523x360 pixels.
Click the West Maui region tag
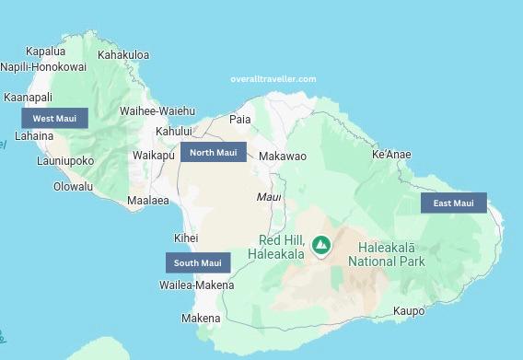click(x=54, y=119)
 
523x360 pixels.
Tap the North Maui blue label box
click(x=214, y=153)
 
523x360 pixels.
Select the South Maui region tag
click(x=198, y=263)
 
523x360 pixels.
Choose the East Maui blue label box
click(x=453, y=203)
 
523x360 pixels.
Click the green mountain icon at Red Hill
click(x=320, y=245)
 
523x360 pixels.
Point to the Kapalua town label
click(x=46, y=52)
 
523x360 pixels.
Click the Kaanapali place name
click(x=29, y=98)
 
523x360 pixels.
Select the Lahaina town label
click(x=33, y=136)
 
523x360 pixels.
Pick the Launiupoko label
click(x=65, y=161)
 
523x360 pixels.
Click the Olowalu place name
click(x=74, y=186)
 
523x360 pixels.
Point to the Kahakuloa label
click(x=123, y=55)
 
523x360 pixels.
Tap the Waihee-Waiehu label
click(x=157, y=111)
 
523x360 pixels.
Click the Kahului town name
click(x=174, y=132)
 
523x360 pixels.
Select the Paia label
click(x=239, y=120)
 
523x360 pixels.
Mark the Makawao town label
click(x=283, y=157)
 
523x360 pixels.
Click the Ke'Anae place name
click(x=391, y=155)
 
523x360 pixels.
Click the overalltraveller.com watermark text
click(x=273, y=79)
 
